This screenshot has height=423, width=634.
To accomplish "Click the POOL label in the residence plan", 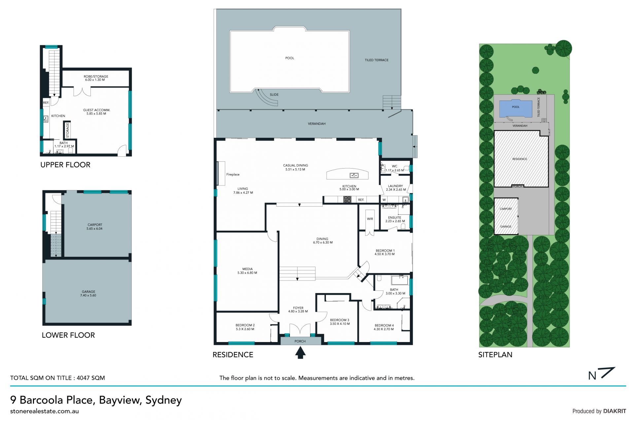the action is coord(290,58).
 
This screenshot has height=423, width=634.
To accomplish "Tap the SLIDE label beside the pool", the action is coord(274,95).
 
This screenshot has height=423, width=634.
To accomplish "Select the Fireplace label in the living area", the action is coord(233,174).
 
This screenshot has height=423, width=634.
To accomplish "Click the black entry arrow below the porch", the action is coord(300,352).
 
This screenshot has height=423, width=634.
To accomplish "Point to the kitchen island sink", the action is coord(354,175).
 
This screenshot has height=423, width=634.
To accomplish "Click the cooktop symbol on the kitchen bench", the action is coord(347,199).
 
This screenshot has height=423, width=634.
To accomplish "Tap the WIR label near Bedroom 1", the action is coord(370,219).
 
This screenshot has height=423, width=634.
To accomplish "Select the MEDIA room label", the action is coord(247,269).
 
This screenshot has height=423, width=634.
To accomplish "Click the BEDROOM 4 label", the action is coord(384,326).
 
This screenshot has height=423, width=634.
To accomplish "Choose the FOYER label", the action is coord(298,308).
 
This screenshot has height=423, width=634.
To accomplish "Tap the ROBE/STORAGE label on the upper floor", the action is coord(96,76).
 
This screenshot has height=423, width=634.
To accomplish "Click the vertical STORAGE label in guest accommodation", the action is coord(68,130).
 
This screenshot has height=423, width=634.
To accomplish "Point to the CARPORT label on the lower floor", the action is coord(95,225).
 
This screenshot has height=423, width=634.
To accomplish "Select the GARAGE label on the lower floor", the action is coord(88,292).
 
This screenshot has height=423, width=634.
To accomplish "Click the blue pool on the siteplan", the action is coord(515,108).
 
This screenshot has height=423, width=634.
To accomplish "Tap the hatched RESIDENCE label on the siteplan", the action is coord(519,159).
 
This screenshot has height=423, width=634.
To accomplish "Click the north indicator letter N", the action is coord(592,376).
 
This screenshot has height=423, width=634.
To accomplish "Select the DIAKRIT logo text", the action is coord(615,411).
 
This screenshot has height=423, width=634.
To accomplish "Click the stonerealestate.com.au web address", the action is coord(45,411).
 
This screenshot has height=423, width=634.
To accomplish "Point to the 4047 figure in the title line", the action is coord(84,378).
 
